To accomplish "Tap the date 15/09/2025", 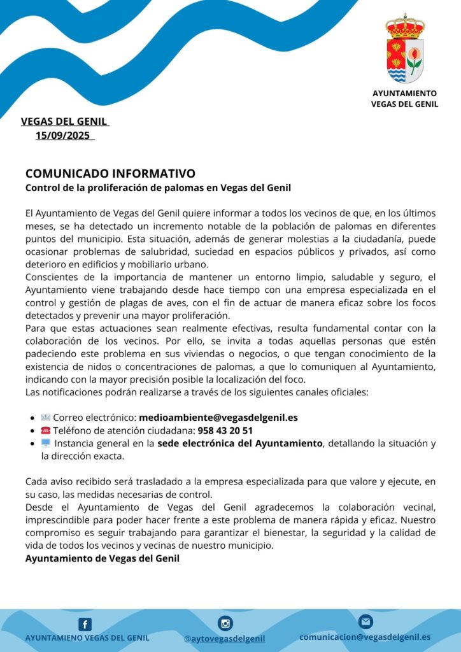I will [64, 135].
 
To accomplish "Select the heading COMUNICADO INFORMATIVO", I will [110, 174].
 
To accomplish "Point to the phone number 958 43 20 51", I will [225, 430].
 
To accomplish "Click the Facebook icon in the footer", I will [85, 625].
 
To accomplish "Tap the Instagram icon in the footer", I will [225, 623].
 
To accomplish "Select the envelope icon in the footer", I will [365, 621].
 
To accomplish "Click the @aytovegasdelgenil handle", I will [225, 638].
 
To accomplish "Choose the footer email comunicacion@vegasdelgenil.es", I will [365, 637].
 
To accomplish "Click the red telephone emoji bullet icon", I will [45, 430].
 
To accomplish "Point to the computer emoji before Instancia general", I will [46, 443].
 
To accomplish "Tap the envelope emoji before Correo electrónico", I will [45, 418].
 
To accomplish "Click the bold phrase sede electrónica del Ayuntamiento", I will [241, 443].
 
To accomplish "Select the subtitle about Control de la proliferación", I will [158, 188].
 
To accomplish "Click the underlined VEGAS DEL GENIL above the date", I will [64, 121].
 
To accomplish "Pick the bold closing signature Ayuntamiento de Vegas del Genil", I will [103, 558].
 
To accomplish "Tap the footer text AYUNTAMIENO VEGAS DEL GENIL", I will [87, 637].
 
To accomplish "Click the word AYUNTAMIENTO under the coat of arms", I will [405, 93].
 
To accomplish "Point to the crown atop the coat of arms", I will [405, 25].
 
